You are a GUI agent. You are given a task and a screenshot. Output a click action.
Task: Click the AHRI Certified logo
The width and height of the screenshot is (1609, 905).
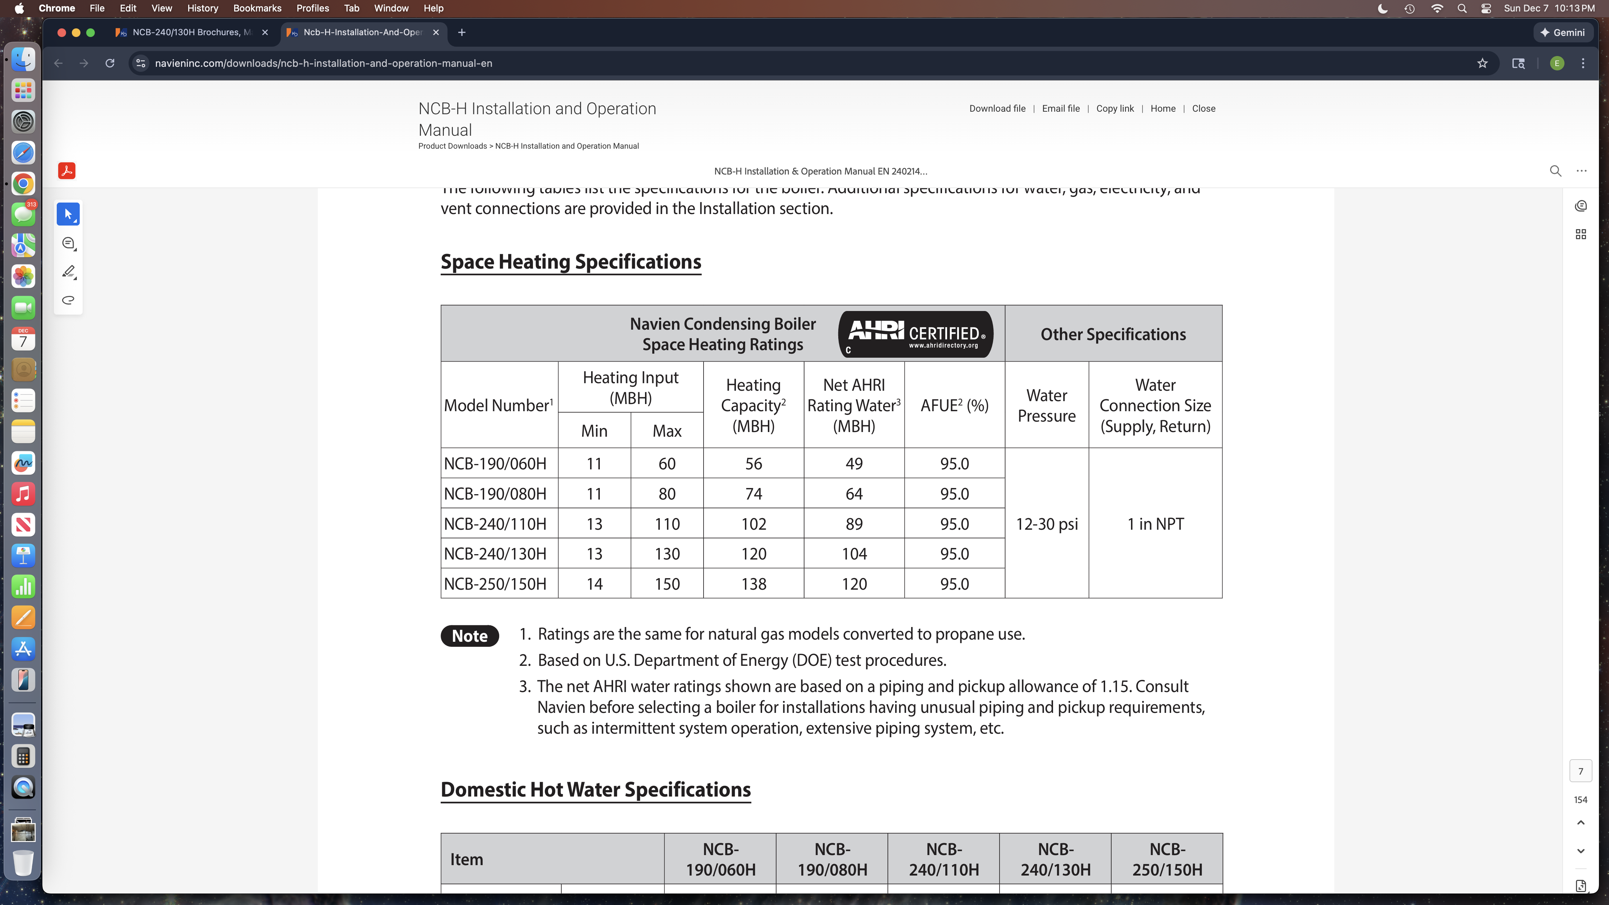[x=915, y=334]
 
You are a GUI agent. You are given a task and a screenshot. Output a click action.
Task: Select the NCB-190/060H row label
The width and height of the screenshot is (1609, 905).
[x=495, y=463]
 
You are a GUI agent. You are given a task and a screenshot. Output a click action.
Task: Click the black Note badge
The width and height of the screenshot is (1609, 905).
[x=470, y=636]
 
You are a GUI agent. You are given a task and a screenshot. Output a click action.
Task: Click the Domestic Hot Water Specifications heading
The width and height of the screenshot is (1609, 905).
[x=595, y=789]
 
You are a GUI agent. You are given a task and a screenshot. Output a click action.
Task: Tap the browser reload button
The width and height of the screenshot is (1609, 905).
[x=110, y=63]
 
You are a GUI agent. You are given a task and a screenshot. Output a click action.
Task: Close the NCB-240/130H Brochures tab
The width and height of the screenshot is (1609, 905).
[x=265, y=32]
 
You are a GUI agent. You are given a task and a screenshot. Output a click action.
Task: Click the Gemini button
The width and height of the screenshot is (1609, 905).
[x=1562, y=32]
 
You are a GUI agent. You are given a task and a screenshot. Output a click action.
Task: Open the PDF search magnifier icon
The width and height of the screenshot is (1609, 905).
[x=1555, y=171]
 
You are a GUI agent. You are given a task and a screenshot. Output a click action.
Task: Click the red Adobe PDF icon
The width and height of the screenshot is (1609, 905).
[x=67, y=171]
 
